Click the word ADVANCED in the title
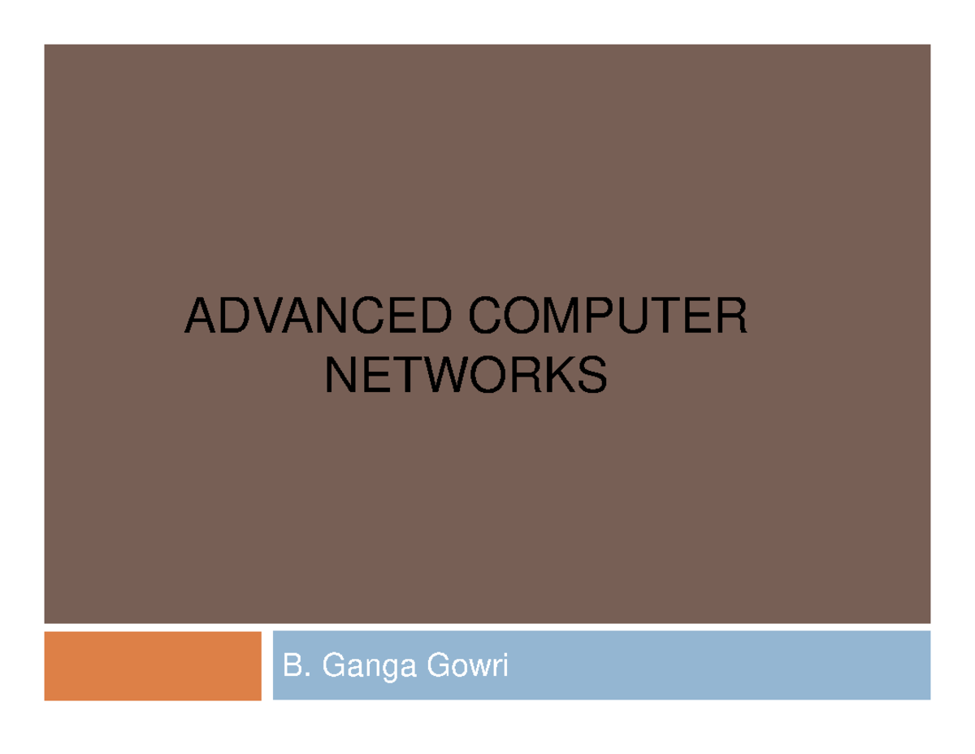[x=318, y=316]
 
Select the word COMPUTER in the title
[x=608, y=316]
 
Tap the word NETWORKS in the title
[x=466, y=374]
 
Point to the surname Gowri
[x=467, y=665]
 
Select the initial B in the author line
[x=292, y=665]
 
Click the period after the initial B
[x=307, y=674]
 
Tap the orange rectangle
[x=153, y=666]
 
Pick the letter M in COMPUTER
[x=561, y=316]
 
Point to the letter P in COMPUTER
[x=600, y=316]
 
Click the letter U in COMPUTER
[x=633, y=316]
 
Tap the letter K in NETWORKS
[x=560, y=374]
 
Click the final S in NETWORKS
[x=592, y=374]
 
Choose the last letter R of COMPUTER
[x=733, y=316]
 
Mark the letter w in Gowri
[x=479, y=669]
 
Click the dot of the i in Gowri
[x=505, y=656]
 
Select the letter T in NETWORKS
[x=407, y=374]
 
